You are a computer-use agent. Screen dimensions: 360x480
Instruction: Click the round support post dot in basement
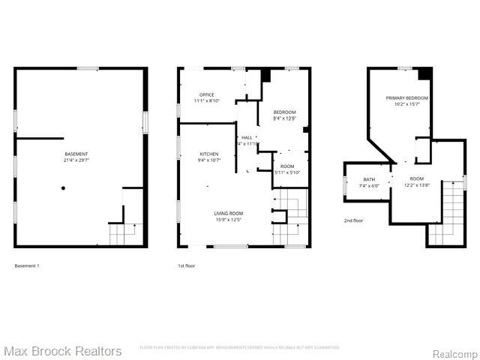point(63,187)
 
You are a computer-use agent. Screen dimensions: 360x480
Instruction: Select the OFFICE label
point(207,94)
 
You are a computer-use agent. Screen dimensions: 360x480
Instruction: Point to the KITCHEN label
point(187,154)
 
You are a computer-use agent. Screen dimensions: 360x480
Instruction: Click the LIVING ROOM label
point(228,213)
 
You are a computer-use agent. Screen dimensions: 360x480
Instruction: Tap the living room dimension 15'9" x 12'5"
point(228,219)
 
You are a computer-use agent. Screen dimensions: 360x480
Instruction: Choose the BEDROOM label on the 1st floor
point(285,112)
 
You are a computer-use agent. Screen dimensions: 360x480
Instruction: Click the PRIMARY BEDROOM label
point(407,98)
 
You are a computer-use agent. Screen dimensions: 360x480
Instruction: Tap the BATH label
point(369,179)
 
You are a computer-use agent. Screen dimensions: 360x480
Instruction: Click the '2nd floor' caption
point(353,220)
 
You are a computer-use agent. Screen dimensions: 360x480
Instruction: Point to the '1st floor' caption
point(187,265)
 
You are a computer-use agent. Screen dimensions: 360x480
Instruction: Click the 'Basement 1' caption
point(27,265)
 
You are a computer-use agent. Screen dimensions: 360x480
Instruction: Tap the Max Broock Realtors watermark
point(63,351)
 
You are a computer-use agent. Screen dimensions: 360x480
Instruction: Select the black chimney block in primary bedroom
point(425,73)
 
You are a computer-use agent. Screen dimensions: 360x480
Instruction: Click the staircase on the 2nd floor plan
point(452,210)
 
